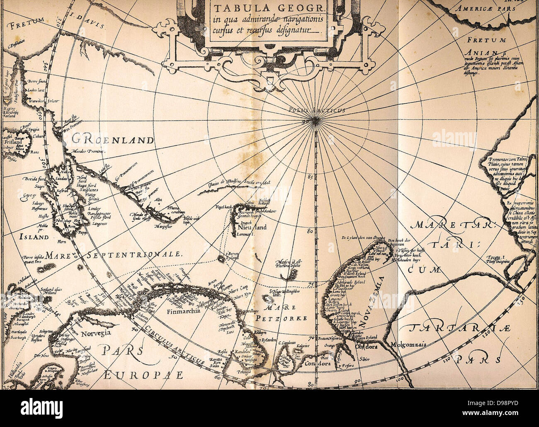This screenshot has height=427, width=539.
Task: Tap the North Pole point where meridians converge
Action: pos(316,121)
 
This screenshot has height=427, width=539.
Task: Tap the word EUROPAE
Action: pos(143,375)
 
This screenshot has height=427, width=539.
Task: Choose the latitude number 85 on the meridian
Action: pos(310,177)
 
